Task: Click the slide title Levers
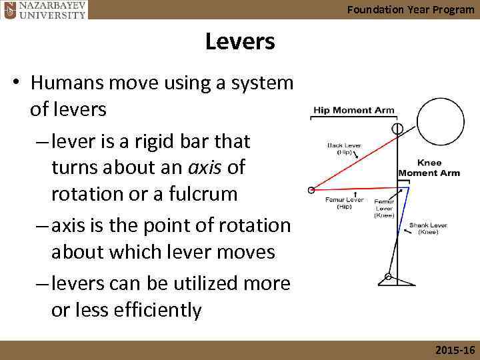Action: point(239,42)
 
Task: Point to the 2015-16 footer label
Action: point(454,350)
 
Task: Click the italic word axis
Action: point(205,167)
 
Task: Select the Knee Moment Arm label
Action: point(429,168)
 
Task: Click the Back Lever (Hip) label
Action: point(344,148)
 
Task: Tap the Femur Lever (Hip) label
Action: point(343,203)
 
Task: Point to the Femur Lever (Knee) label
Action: point(384,208)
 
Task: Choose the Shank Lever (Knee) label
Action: point(428,229)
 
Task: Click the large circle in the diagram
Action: point(437,125)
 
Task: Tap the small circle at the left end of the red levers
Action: point(311,190)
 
